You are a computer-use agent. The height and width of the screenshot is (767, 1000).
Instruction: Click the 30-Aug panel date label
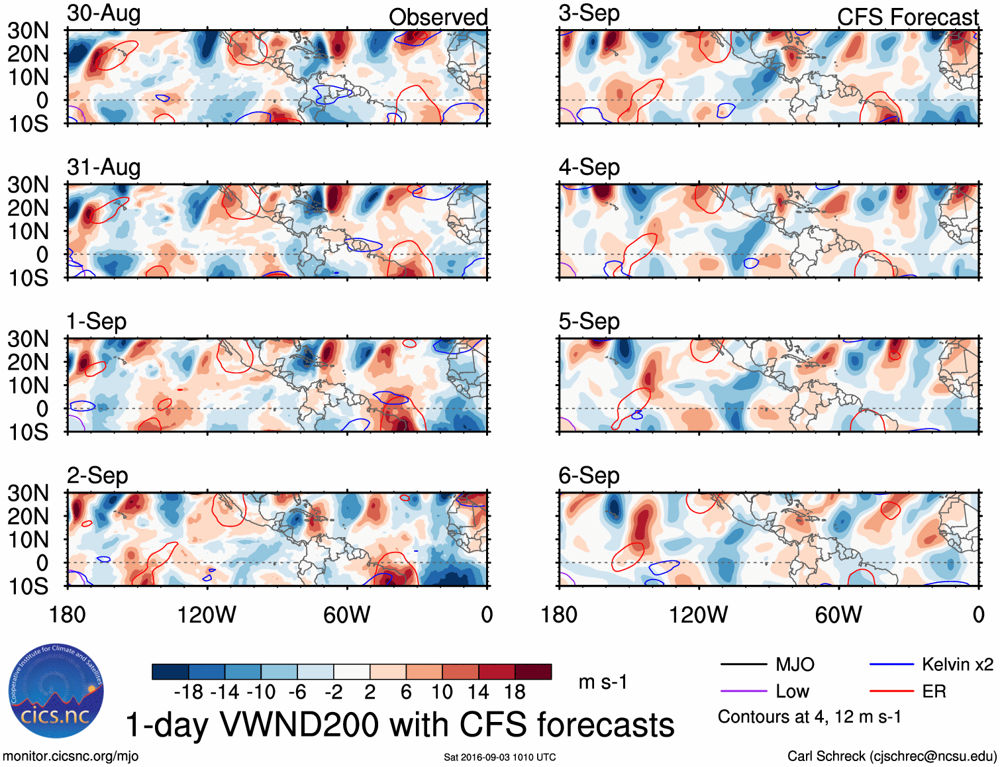[104, 13]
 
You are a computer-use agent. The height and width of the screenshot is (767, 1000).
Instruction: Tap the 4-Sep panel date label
[589, 167]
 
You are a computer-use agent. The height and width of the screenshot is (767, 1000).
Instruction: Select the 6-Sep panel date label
[589, 476]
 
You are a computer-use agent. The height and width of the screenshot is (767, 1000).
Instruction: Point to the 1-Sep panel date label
[97, 321]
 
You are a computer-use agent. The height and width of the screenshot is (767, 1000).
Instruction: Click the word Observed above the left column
[438, 17]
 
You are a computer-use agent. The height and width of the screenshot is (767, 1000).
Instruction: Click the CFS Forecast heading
[907, 17]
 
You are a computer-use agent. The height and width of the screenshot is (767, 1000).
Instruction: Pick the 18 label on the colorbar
[515, 692]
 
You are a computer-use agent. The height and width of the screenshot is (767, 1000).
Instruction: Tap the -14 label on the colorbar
[225, 692]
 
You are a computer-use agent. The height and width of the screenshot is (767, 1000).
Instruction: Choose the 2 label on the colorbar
[370, 692]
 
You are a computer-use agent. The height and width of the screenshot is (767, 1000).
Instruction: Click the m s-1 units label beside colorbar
[603, 682]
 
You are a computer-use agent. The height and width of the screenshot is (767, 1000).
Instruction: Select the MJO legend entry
[795, 664]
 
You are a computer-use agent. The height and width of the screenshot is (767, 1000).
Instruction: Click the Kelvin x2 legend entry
[957, 664]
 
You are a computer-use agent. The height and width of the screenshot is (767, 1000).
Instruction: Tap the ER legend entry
[934, 691]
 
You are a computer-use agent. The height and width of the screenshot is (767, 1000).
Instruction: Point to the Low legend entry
[792, 691]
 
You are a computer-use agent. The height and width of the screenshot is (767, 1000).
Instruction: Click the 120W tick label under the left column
[207, 615]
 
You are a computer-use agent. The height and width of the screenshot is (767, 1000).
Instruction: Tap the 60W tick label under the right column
[838, 615]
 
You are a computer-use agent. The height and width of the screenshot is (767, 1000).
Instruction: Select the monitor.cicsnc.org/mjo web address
[71, 756]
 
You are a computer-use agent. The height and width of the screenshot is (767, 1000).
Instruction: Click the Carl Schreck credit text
[891, 756]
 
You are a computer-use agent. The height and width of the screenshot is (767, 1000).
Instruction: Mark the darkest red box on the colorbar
[533, 672]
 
